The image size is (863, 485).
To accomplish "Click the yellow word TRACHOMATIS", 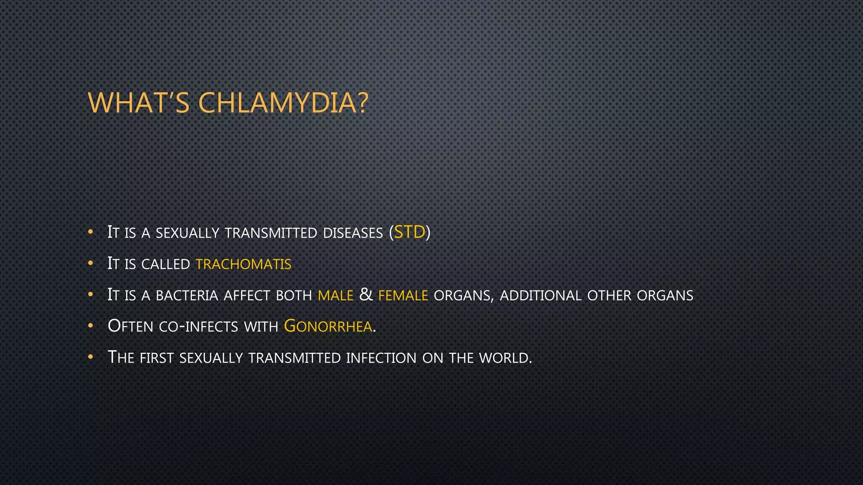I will click(244, 264).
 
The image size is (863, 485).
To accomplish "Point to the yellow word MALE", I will click(335, 296).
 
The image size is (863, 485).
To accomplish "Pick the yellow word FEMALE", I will click(403, 296).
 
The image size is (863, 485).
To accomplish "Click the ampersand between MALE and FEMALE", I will click(366, 295).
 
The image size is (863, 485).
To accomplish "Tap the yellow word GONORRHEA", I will click(328, 326).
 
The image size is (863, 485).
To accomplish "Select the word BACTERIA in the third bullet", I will click(187, 296).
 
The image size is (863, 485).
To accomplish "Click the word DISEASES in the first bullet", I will click(353, 233).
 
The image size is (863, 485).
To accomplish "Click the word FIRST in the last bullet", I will click(156, 358).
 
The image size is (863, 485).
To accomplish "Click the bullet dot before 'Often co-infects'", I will click(90, 326).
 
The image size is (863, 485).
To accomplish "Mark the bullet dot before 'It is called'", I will click(90, 264).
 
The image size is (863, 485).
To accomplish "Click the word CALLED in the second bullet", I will click(166, 264).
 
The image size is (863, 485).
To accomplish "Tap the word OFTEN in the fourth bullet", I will click(130, 326).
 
